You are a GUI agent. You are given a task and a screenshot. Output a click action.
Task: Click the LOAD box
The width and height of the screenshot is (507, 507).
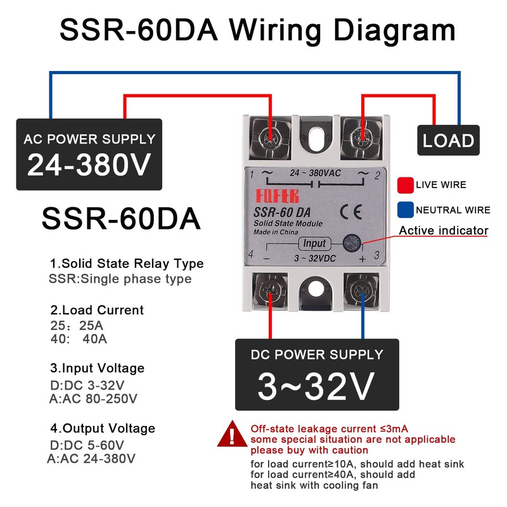pyautogui.click(x=449, y=140)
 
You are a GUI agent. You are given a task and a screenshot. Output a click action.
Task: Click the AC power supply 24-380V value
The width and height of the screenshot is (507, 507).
pyautogui.click(x=89, y=164)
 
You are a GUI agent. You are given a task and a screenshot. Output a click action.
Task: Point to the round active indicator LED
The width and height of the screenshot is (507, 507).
pyautogui.click(x=349, y=243)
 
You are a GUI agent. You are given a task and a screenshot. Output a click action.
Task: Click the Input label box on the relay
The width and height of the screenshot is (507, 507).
pyautogui.click(x=314, y=243)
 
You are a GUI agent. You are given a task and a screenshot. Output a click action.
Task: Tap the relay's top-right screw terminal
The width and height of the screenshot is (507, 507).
pyautogui.click(x=363, y=135)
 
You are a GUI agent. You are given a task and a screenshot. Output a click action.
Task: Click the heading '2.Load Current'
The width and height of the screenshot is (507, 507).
pyautogui.click(x=97, y=310)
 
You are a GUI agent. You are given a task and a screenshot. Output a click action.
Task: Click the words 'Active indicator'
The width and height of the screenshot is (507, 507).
pyautogui.click(x=444, y=230)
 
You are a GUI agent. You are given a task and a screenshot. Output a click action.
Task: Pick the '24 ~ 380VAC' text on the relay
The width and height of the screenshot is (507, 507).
pyautogui.click(x=314, y=173)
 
